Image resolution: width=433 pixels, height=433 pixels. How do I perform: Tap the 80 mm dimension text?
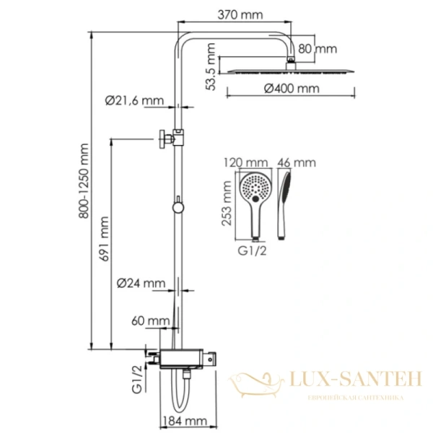(x=318, y=49)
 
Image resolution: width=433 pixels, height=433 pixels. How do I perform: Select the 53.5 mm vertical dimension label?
(x=210, y=63)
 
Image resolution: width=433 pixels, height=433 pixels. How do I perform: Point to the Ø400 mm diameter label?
(x=292, y=89)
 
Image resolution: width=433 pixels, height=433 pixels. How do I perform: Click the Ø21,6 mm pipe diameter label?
(x=135, y=102)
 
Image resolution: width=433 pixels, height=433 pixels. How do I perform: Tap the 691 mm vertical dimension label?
(x=105, y=239)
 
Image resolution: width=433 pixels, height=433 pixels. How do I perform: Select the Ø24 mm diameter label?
(x=141, y=283)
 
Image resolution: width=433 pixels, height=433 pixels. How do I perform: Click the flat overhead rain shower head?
(x=291, y=70)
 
